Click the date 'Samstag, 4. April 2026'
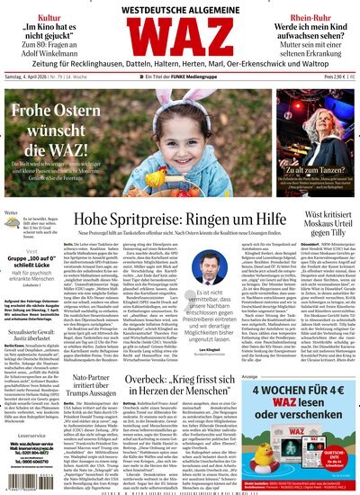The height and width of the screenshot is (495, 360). (x=33, y=103)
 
